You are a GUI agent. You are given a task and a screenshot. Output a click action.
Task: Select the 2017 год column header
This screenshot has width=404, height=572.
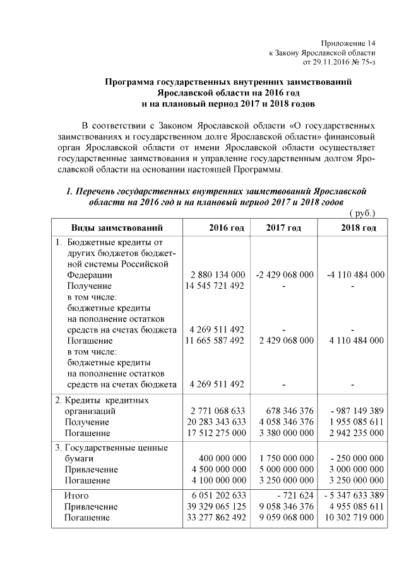[283, 228]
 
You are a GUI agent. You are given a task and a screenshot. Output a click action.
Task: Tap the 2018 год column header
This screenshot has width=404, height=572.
[360, 228]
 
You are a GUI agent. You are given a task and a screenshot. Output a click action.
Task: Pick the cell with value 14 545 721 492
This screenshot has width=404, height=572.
[214, 286]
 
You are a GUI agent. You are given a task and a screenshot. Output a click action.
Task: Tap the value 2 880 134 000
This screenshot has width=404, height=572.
[217, 275]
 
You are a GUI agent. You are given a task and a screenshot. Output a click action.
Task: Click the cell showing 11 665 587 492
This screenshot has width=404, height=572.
[214, 340]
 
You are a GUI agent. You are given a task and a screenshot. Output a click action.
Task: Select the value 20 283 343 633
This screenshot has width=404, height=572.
[214, 422]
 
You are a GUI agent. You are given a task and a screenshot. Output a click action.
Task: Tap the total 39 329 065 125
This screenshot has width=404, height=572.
[214, 506]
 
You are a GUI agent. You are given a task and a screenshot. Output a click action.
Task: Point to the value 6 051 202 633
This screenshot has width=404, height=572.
[217, 495]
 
